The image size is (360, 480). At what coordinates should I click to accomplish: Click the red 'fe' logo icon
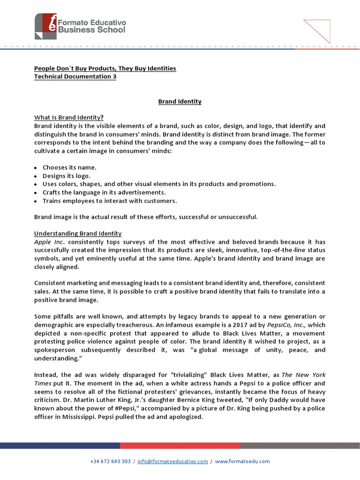[45, 25]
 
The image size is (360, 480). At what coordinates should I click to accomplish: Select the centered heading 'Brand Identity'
[180, 101]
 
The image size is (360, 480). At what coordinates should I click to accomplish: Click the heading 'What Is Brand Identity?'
[69, 117]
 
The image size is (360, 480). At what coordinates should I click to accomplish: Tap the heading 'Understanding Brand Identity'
[78, 233]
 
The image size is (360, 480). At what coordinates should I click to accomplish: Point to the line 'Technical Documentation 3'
[75, 77]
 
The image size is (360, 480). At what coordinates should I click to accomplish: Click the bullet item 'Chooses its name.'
[69, 167]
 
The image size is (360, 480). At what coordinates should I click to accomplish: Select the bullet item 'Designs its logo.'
[67, 176]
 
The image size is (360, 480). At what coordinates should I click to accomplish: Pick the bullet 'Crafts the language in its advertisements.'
[104, 192]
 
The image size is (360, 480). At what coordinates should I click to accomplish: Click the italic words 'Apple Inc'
[49, 242]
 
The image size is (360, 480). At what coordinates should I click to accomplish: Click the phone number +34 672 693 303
[110, 461]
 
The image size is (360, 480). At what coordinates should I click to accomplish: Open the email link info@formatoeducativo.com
[173, 461]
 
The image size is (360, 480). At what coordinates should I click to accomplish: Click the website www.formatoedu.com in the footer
[242, 461]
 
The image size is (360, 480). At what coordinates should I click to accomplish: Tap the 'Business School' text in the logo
[91, 30]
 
